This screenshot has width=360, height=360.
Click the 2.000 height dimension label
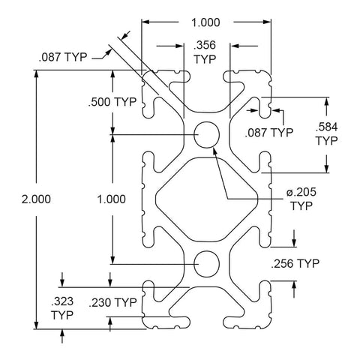pyautogui.click(x=36, y=199)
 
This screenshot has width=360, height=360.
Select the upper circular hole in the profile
pyautogui.click(x=207, y=135)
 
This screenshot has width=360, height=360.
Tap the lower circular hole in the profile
pyautogui.click(x=207, y=264)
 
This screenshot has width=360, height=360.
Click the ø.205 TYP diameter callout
pyautogui.click(x=301, y=199)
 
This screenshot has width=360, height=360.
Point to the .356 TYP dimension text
pyautogui.click(x=205, y=52)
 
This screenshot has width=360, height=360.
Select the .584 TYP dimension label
pyautogui.click(x=326, y=134)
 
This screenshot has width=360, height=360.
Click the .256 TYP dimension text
pyautogui.click(x=295, y=263)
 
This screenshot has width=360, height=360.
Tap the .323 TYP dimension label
pyautogui.click(x=62, y=308)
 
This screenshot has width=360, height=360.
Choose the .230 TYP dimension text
pyautogui.click(x=112, y=302)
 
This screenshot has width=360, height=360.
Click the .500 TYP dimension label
pyautogui.click(x=112, y=102)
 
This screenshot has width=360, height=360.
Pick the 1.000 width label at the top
pyautogui.click(x=205, y=22)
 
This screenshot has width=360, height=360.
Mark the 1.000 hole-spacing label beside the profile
pyautogui.click(x=111, y=199)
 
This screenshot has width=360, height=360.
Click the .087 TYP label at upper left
pyautogui.click(x=63, y=57)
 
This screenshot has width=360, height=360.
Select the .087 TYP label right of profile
pyautogui.click(x=269, y=132)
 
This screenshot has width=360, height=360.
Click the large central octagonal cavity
pyautogui.click(x=207, y=199)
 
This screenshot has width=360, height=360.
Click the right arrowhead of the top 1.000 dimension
pyautogui.click(x=267, y=22)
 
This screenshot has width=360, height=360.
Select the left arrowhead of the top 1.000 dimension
pyautogui.click(x=145, y=22)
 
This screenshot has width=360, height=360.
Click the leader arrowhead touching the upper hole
pyautogui.click(x=214, y=151)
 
